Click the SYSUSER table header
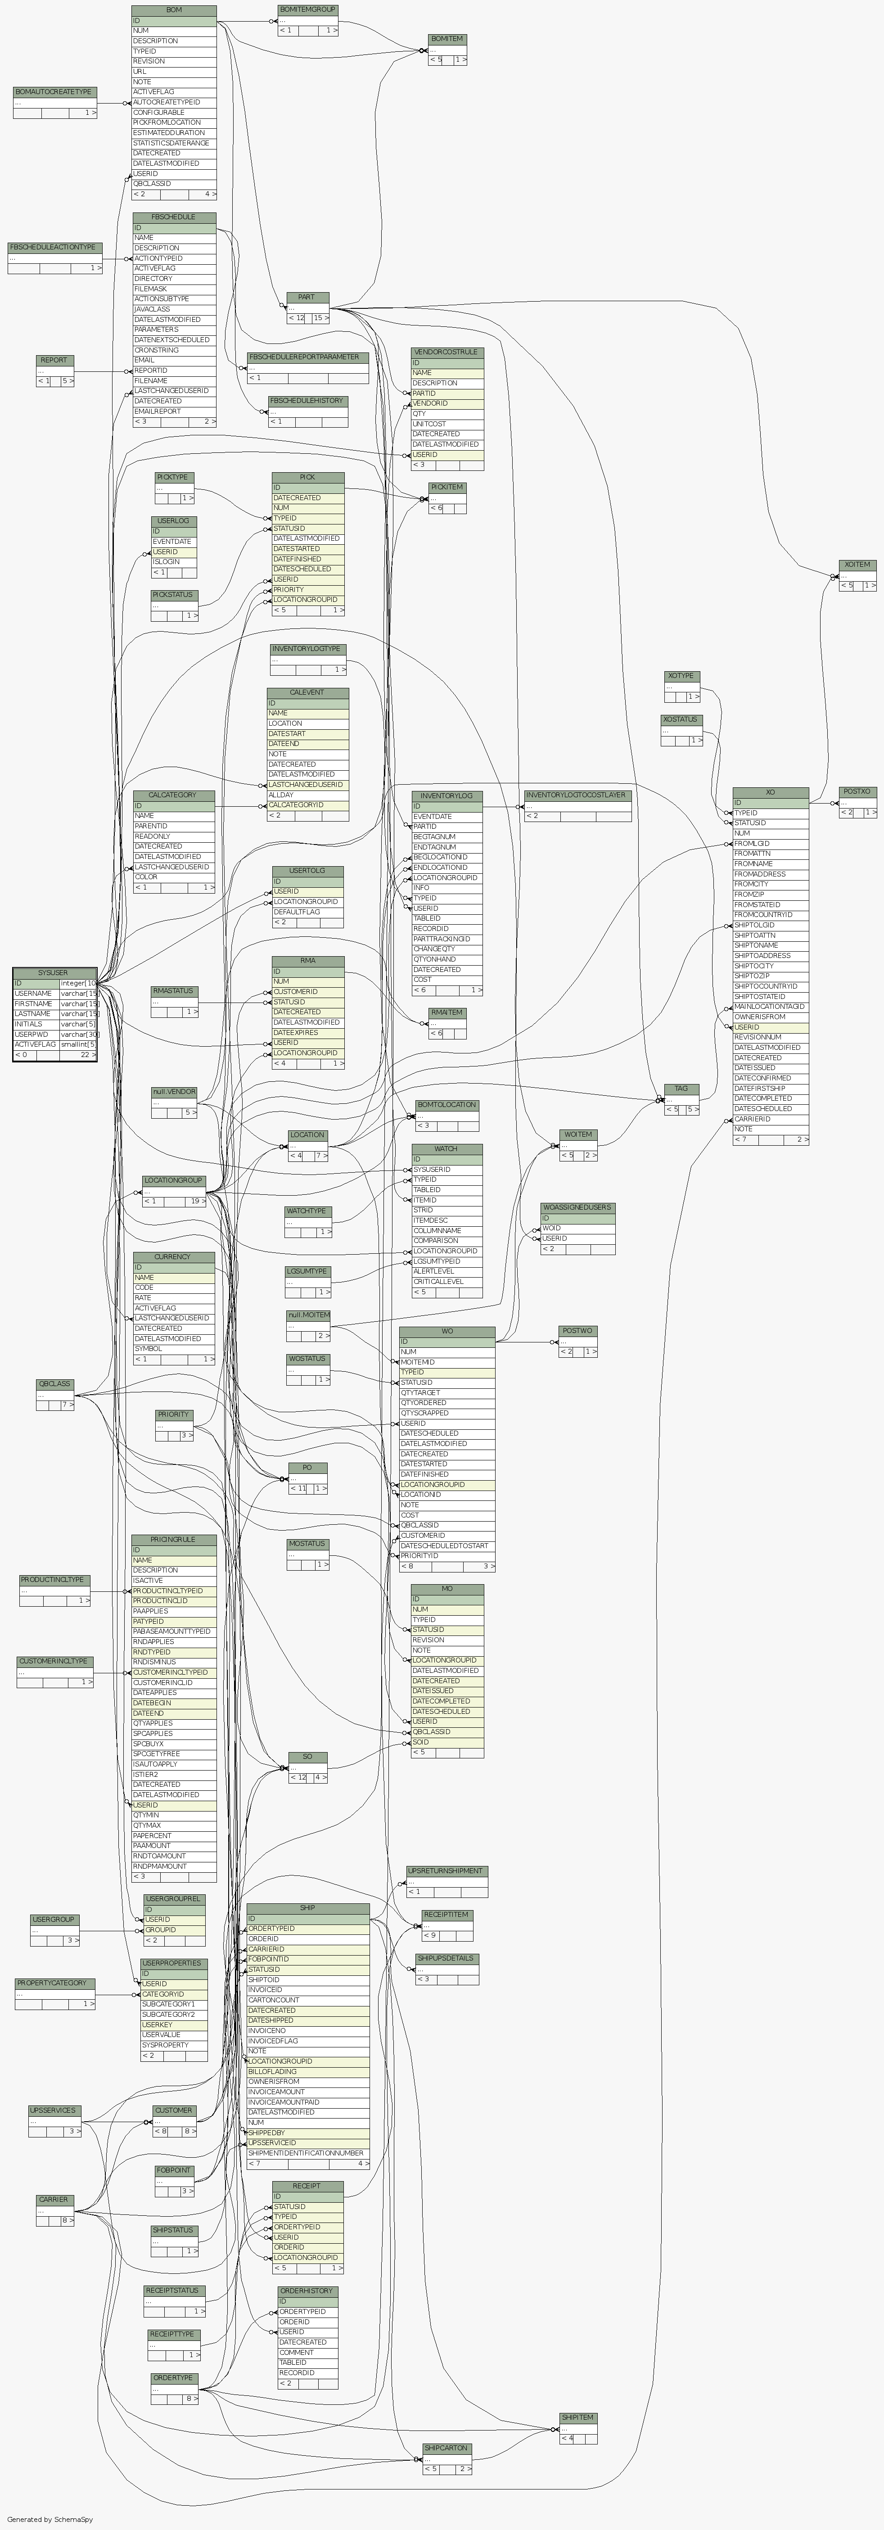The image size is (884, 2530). click(x=53, y=972)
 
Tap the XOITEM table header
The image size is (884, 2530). click(x=857, y=565)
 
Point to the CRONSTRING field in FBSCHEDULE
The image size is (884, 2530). click(x=157, y=350)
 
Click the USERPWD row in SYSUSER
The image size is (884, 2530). click(x=32, y=1034)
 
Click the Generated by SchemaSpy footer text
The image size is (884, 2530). click(x=49, y=2519)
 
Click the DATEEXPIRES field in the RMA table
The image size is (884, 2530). click(x=297, y=1032)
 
